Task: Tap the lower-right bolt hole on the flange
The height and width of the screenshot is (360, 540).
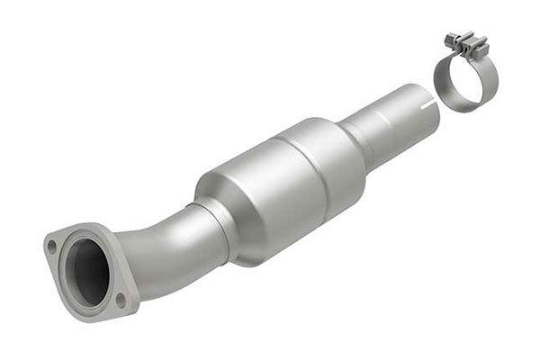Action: coord(121,297)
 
